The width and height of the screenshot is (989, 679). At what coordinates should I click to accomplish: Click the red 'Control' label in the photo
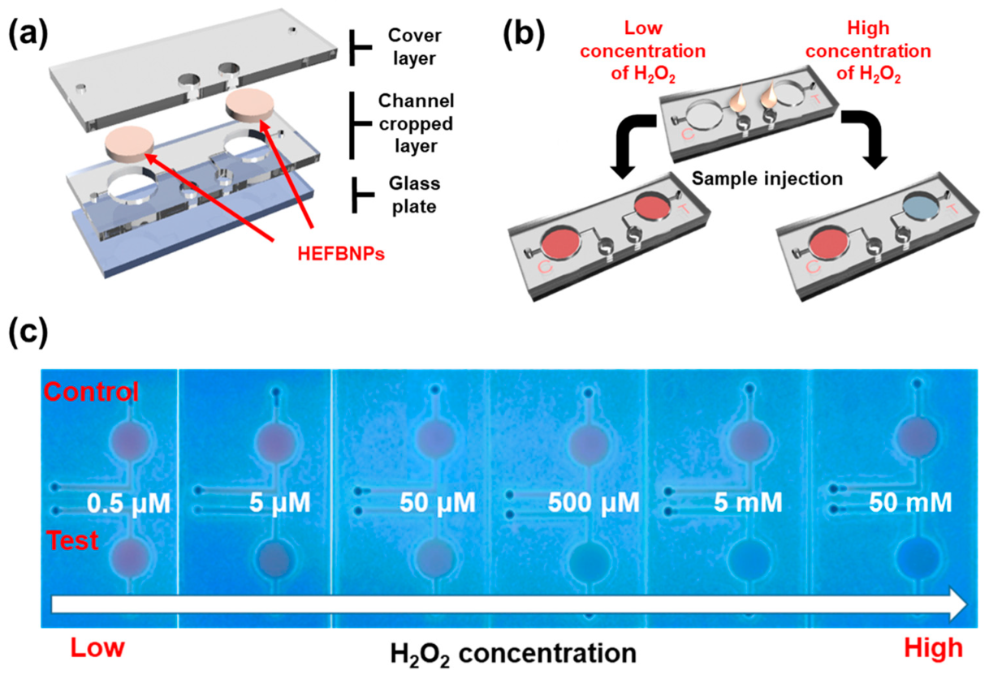point(91,393)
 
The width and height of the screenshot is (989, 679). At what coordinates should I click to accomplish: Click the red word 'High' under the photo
point(932,648)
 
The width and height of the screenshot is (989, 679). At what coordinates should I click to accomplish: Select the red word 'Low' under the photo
point(97,648)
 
